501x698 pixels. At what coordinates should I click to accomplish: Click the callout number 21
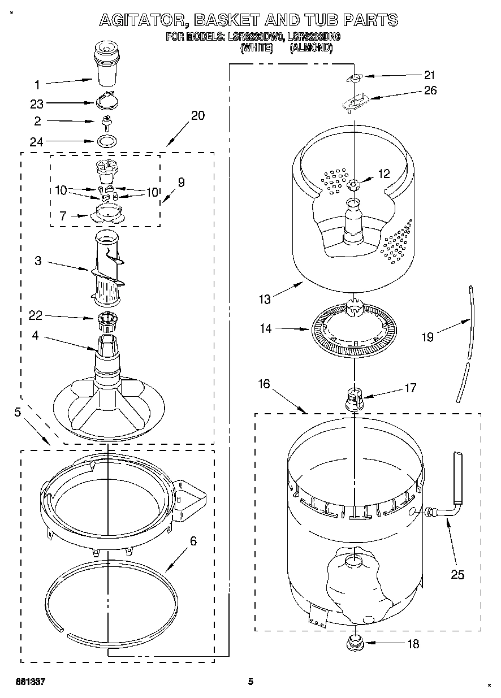430,75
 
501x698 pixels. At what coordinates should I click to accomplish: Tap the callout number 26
430,90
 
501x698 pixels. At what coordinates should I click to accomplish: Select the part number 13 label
265,300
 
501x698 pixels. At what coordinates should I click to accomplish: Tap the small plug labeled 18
355,642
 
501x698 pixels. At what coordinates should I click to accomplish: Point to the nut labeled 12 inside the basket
354,184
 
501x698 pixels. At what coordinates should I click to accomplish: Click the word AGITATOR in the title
142,20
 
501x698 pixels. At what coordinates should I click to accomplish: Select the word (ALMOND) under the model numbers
311,49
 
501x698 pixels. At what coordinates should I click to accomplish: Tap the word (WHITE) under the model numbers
257,49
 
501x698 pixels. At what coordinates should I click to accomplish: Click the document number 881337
30,682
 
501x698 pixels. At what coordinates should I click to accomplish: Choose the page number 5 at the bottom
250,682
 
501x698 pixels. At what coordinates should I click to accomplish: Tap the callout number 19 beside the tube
427,337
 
